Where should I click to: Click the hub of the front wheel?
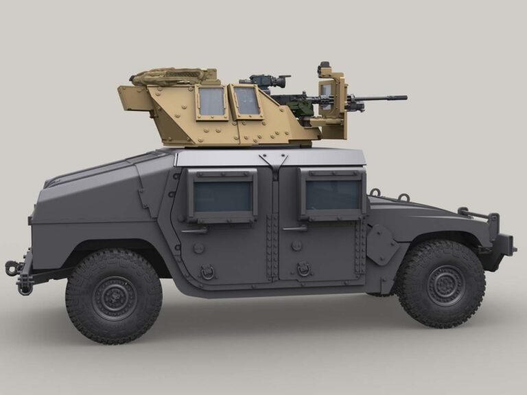pyautogui.click(x=445, y=285)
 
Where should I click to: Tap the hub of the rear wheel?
pyautogui.click(x=114, y=297)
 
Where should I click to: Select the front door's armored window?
pyautogui.click(x=332, y=195)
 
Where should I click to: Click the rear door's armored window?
pyautogui.click(x=222, y=196)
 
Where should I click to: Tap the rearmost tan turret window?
pyautogui.click(x=211, y=101)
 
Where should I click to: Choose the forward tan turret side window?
pyautogui.click(x=246, y=101)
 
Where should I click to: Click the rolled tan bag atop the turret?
pyautogui.click(x=168, y=76)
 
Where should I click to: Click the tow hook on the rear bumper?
pyautogui.click(x=12, y=267)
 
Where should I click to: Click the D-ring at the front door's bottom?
pyautogui.click(x=304, y=270)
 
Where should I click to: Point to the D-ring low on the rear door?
pyautogui.click(x=207, y=272)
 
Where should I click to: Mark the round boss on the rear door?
pyautogui.click(x=198, y=248)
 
